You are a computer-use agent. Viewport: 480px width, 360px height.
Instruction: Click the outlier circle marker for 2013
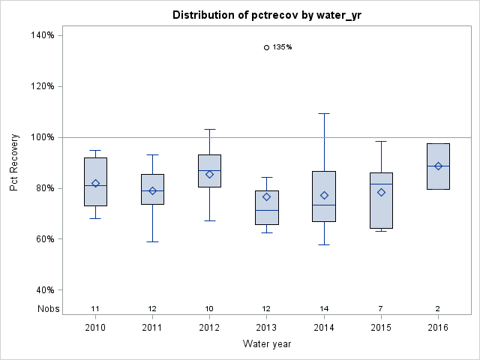tap(266, 47)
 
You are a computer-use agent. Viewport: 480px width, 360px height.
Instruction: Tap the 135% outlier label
tap(282, 47)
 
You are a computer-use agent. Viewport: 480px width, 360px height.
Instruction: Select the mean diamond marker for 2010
tap(95, 184)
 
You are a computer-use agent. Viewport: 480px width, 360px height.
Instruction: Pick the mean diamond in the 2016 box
tap(438, 166)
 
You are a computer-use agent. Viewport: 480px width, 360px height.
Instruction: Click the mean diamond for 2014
tap(324, 196)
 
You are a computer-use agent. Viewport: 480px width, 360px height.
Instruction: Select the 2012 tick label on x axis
tap(209, 327)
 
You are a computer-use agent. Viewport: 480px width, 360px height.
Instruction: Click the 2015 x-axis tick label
tap(381, 327)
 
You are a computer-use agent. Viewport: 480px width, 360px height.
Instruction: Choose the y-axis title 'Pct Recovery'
tap(15, 163)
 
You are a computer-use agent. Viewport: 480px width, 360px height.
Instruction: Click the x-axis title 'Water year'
tap(267, 344)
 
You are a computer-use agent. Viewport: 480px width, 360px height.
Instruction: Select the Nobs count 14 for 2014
tap(324, 308)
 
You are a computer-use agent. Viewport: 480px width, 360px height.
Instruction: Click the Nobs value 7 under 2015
tap(381, 308)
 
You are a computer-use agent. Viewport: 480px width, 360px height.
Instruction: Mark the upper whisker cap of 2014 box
tap(324, 113)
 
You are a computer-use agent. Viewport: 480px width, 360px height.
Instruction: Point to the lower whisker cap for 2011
tap(152, 241)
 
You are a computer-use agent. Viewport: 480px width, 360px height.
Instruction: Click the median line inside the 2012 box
tap(209, 170)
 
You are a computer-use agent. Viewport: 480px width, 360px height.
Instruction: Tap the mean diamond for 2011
tap(152, 191)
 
